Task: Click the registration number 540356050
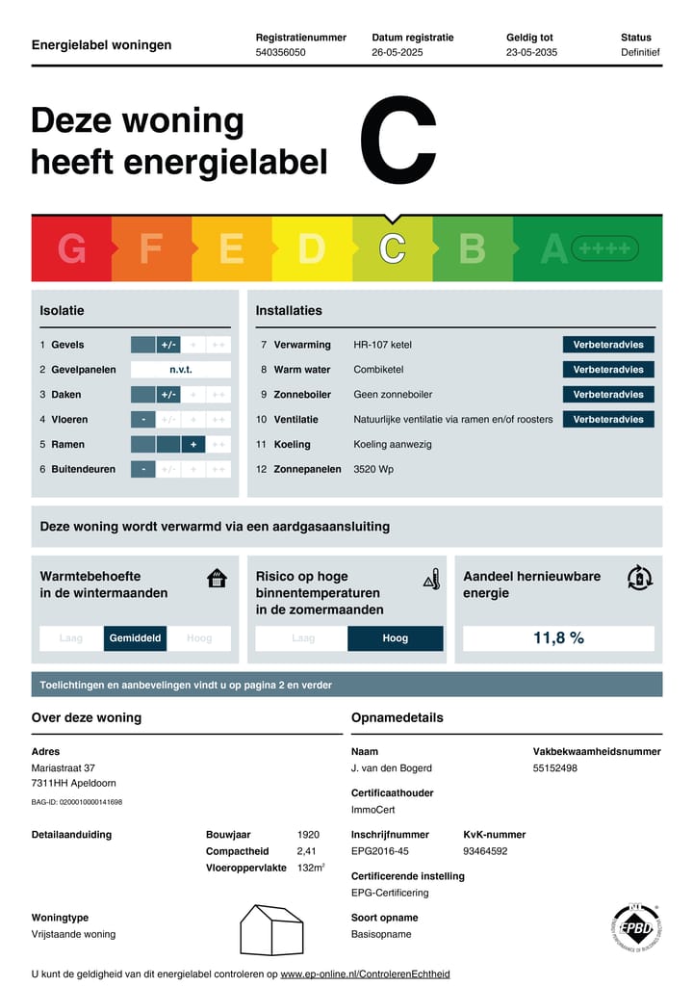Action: tap(280, 53)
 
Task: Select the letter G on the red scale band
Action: tap(71, 248)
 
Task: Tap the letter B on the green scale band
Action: tap(472, 248)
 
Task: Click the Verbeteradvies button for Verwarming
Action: tap(608, 345)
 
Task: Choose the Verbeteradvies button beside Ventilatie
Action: tap(608, 420)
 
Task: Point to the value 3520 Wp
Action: tap(373, 470)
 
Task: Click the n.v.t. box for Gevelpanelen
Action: tap(181, 370)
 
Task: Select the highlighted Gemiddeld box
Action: tap(136, 638)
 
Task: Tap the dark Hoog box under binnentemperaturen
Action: tap(395, 638)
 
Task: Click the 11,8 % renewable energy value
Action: tap(558, 638)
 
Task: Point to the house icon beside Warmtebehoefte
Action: tap(217, 578)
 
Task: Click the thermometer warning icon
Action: tap(432, 580)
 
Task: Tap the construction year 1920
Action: tap(308, 835)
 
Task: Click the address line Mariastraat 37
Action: tap(64, 768)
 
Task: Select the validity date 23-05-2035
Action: tap(531, 53)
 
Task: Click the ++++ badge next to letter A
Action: tap(604, 249)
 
